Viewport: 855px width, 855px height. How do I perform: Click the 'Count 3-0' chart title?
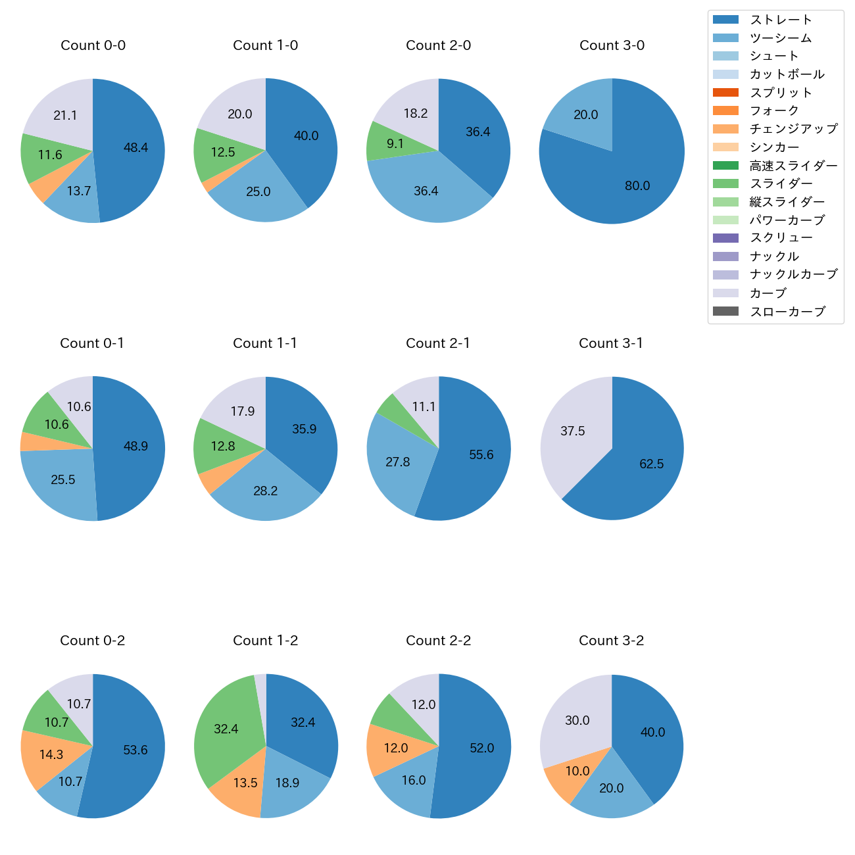[612, 45]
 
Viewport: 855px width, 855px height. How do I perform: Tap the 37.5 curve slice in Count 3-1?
[572, 434]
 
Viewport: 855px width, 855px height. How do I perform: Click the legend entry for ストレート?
[781, 20]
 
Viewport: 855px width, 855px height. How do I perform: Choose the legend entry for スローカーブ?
[787, 312]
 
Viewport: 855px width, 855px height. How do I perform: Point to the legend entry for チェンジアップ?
[793, 129]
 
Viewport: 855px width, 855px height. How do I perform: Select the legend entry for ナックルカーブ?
[793, 275]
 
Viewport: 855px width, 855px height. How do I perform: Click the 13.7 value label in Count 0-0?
[79, 191]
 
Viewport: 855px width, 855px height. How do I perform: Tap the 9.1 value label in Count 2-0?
[395, 143]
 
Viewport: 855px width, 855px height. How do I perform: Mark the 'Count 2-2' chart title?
[438, 641]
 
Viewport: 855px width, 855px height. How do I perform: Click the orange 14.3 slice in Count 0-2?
[49, 756]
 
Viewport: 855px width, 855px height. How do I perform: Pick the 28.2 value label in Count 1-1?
[266, 491]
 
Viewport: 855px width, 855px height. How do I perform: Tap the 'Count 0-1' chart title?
[92, 343]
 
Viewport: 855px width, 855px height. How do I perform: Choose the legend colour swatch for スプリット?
[725, 93]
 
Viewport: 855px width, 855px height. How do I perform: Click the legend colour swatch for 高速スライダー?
[725, 166]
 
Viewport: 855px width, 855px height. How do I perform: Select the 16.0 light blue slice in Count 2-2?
[411, 783]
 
